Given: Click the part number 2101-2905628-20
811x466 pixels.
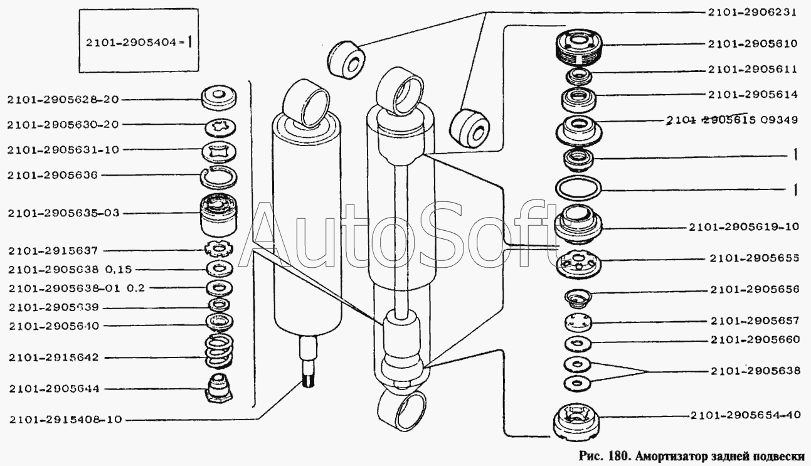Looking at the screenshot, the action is coord(63,99).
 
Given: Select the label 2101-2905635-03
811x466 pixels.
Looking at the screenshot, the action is coord(63,213).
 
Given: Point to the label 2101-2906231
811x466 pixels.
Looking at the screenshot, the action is coord(753,13).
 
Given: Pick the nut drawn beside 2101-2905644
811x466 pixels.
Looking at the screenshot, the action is coord(219,387).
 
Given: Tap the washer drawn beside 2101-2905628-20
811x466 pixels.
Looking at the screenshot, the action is coord(220,97).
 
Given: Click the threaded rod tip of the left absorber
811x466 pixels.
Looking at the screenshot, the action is coord(309,378).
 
